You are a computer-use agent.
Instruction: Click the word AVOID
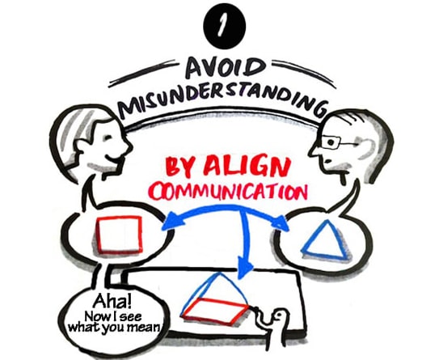(x=226, y=68)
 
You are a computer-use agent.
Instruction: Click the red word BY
(x=182, y=166)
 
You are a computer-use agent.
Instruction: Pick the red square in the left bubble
(x=119, y=235)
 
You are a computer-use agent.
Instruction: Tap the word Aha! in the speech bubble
(x=112, y=302)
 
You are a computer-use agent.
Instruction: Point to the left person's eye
(x=108, y=138)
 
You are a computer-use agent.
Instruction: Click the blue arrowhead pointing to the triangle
(x=281, y=223)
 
